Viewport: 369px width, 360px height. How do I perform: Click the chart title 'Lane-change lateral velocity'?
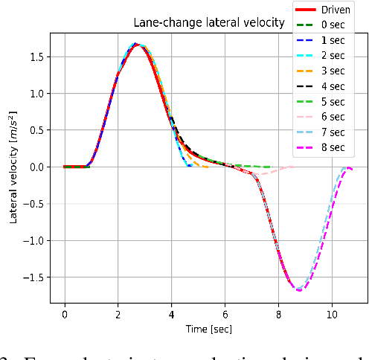tap(208, 22)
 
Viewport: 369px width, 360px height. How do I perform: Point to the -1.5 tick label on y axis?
tap(33, 277)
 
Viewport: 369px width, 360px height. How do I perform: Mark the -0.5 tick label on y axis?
tap(33, 204)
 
